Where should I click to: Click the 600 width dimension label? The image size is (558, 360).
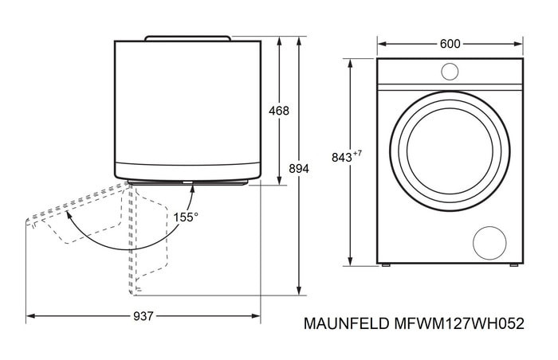click(450, 44)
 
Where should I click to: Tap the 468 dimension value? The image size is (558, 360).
click(278, 111)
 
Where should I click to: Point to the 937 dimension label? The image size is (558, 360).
click(143, 316)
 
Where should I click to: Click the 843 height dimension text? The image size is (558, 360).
click(341, 157)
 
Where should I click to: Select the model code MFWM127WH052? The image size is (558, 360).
click(459, 324)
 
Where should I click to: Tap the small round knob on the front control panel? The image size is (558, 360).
click(450, 72)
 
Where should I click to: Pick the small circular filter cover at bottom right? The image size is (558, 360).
click(489, 241)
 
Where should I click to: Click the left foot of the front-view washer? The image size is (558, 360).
click(386, 265)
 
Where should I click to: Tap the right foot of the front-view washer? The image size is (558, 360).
click(514, 265)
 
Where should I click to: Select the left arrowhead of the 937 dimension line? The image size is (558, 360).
click(29, 316)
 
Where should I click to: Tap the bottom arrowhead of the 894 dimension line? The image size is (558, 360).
click(298, 292)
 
